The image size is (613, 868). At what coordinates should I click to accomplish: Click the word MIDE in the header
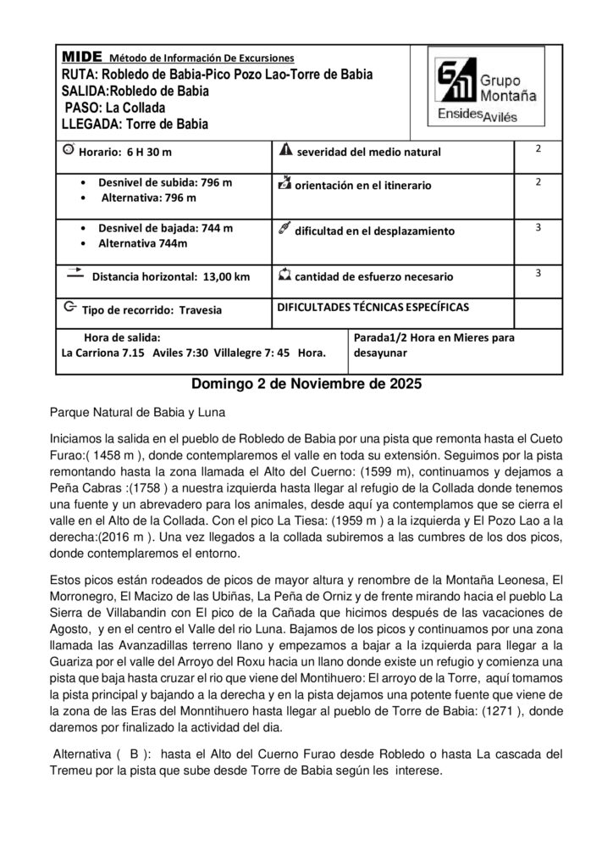click(x=81, y=56)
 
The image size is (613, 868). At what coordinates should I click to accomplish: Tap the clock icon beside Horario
click(x=69, y=149)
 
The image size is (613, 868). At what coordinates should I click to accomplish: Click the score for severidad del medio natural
click(x=538, y=148)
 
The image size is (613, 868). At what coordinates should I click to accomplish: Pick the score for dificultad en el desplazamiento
click(x=538, y=228)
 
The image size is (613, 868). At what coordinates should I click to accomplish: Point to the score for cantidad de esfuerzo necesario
click(x=538, y=272)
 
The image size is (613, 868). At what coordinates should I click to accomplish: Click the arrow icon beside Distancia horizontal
click(x=74, y=273)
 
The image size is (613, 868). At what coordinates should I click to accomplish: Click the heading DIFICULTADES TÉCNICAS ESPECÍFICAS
click(x=373, y=306)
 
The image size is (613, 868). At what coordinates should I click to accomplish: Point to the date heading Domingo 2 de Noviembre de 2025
click(x=306, y=383)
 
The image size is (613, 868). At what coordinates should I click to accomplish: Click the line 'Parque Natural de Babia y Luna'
click(x=138, y=413)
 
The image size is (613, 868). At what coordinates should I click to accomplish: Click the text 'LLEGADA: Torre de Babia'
click(x=135, y=124)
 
